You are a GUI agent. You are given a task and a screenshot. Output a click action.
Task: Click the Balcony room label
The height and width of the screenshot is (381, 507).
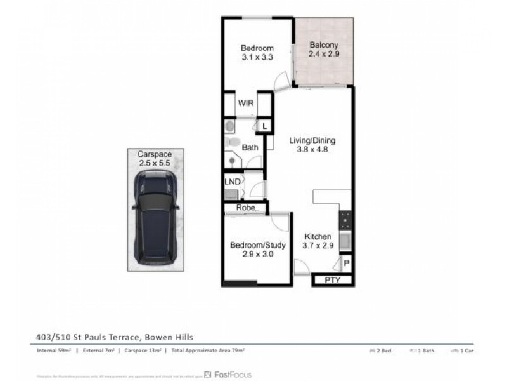[323, 45]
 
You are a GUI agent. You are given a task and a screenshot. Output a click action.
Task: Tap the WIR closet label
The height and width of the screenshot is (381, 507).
[246, 104]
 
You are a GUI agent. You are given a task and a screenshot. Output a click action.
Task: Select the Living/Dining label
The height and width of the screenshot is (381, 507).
[312, 141]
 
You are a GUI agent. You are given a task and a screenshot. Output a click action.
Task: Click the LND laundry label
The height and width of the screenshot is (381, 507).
[232, 182]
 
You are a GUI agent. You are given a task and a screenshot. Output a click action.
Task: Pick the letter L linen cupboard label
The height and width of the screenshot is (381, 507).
[264, 126]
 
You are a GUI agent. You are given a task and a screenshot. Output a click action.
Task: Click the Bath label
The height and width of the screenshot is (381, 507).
[250, 148]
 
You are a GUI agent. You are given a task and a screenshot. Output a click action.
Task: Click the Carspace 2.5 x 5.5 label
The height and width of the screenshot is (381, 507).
[155, 159]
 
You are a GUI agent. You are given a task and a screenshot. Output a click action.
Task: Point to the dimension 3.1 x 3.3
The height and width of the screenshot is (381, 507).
[257, 57]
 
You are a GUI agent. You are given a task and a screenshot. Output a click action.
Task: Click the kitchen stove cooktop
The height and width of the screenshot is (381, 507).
[346, 220]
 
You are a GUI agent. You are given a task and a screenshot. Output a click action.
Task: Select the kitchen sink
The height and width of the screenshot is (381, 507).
[346, 241]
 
